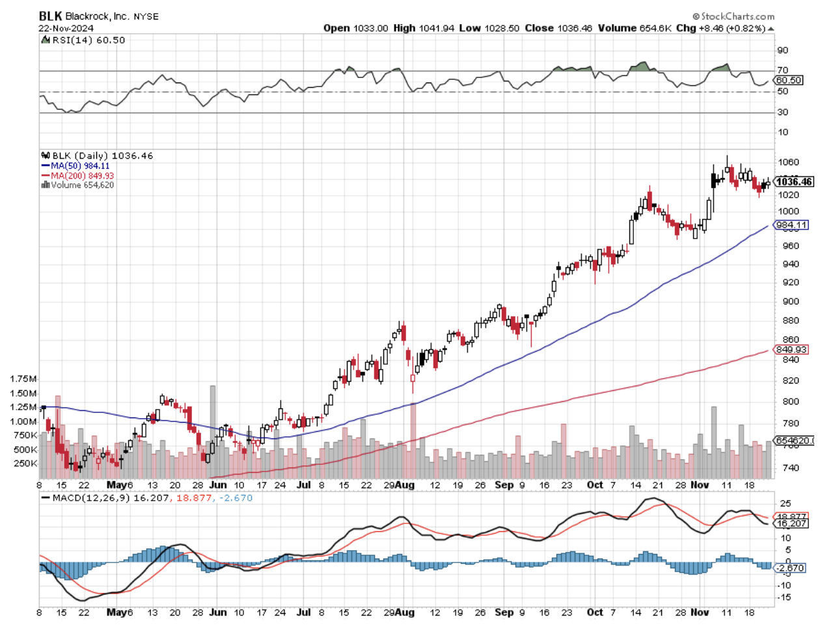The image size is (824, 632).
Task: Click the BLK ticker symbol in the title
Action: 50,16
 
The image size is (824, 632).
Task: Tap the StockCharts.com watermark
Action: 734,16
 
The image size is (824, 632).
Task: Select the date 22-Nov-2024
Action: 66,28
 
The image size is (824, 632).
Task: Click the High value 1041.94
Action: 435,28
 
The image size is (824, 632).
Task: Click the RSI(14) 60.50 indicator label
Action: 87,40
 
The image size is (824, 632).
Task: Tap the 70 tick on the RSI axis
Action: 782,70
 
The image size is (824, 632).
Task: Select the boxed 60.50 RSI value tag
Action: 789,80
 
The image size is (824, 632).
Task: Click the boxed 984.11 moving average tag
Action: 791,225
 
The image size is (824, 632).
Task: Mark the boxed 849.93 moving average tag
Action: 791,349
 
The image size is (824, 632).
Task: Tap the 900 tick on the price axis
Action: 790,302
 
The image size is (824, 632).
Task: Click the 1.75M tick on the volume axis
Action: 23,379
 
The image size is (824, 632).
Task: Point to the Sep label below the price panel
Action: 504,485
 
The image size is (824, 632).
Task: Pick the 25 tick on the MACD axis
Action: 786,504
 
